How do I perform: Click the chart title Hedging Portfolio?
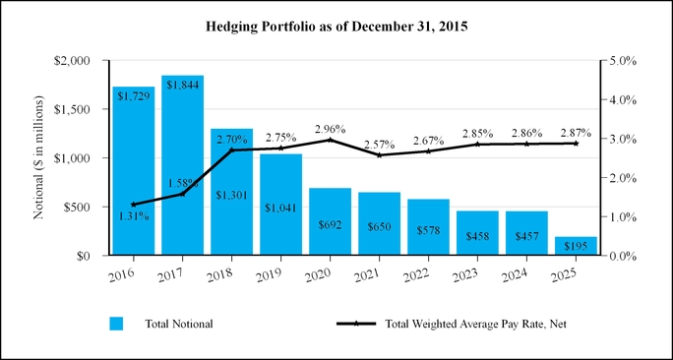coord(336,27)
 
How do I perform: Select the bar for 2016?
coord(134,171)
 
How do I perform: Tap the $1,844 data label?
coord(183,85)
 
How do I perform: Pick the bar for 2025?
coord(576,246)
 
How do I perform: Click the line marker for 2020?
coord(330,140)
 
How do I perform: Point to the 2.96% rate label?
coord(330,129)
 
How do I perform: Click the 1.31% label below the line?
coord(134,216)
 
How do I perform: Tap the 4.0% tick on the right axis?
coord(622,99)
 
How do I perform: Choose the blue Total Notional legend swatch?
coord(116,324)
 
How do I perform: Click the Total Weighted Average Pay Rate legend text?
coord(475,324)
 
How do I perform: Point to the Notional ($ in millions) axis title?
coord(38,157)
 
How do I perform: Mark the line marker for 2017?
coord(182,194)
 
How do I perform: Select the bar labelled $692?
coord(330,221)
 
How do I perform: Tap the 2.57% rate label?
coord(380,145)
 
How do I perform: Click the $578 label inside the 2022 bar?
coord(428,230)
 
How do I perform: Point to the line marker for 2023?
coord(477,145)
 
